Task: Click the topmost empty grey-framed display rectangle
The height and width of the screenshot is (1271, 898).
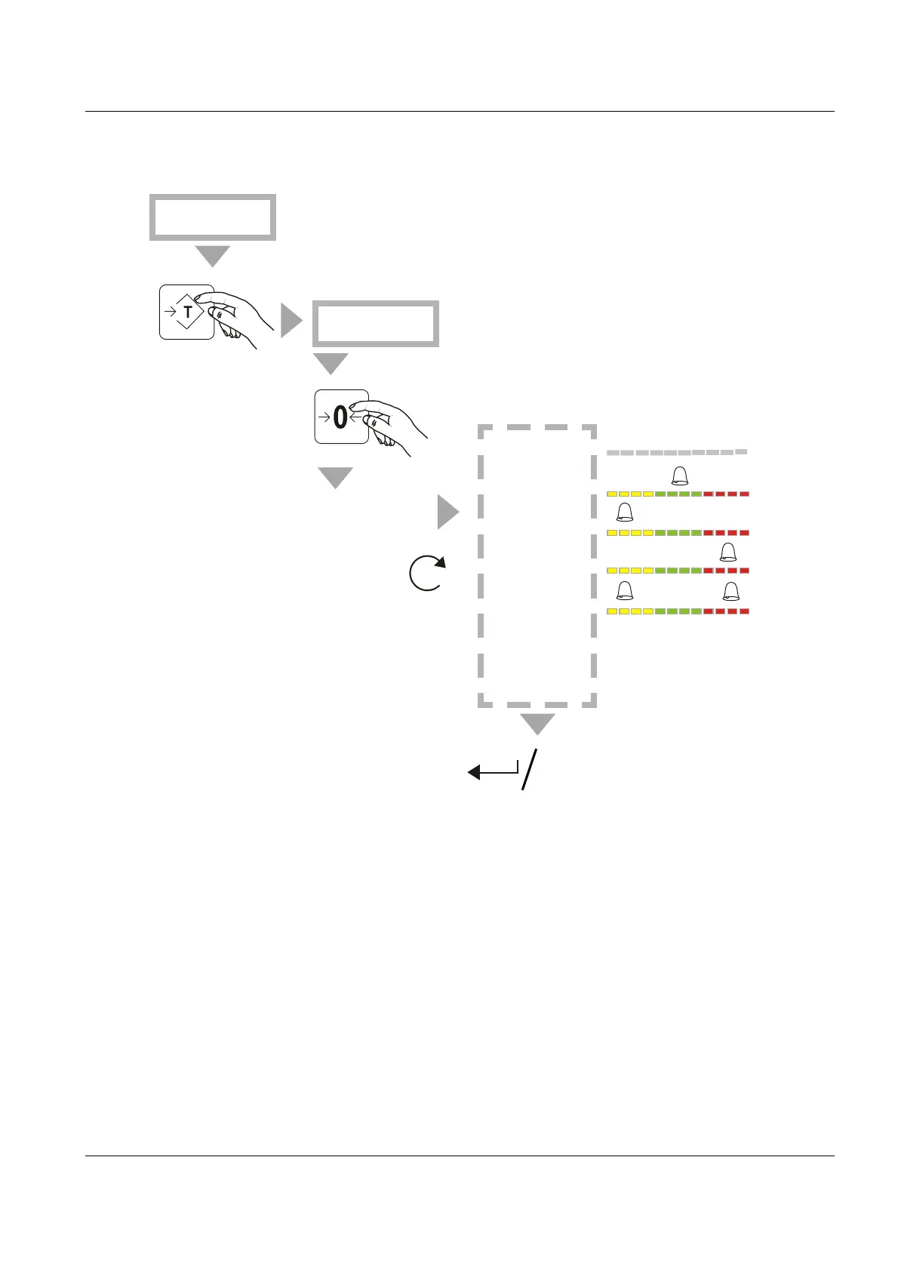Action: pyautogui.click(x=212, y=217)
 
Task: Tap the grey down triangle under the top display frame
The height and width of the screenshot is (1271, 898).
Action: pyautogui.click(x=212, y=255)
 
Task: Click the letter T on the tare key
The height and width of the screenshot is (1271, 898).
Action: pyautogui.click(x=188, y=312)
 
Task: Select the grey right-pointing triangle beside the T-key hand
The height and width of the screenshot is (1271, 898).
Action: pyautogui.click(x=291, y=321)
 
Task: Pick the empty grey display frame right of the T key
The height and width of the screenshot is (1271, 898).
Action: pyautogui.click(x=376, y=324)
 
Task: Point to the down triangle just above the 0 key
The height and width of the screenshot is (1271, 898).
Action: pyautogui.click(x=331, y=363)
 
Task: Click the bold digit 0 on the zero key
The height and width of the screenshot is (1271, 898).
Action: pyautogui.click(x=340, y=417)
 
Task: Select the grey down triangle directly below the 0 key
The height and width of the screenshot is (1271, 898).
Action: pyautogui.click(x=335, y=477)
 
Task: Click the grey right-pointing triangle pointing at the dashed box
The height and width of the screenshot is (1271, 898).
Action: pyautogui.click(x=447, y=513)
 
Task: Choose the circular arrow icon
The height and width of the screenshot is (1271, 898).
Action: pyautogui.click(x=427, y=573)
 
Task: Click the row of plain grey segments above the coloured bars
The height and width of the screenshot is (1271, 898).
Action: pyautogui.click(x=677, y=453)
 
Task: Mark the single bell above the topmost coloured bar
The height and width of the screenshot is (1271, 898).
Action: pyautogui.click(x=680, y=475)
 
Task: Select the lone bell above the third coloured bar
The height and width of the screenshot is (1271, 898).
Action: pyautogui.click(x=727, y=552)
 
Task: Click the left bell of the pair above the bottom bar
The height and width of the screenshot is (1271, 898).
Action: pyautogui.click(x=625, y=591)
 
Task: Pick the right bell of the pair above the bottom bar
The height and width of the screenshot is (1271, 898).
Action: pyautogui.click(x=730, y=591)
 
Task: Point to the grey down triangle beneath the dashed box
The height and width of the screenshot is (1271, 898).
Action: pyautogui.click(x=537, y=723)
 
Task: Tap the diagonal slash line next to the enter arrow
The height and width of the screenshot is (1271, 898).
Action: pyautogui.click(x=530, y=770)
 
